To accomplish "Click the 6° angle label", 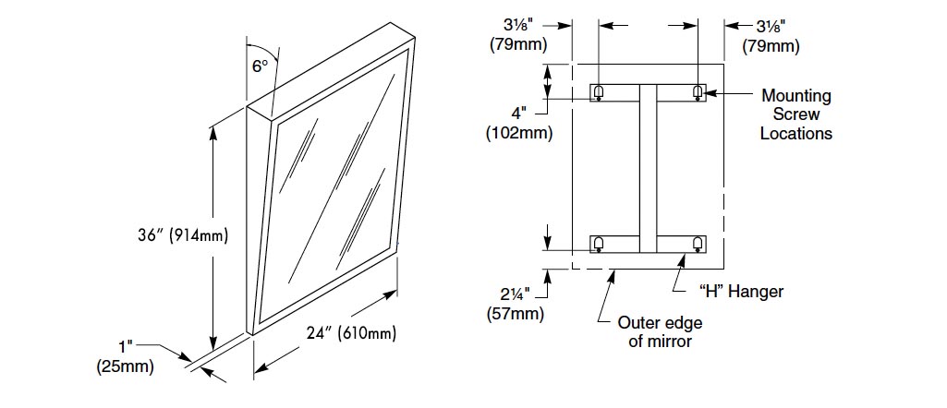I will coord(261,66).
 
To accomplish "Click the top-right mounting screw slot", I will coord(697,92).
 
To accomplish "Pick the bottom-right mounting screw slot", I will coord(697,244).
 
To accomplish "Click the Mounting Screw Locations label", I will coord(795,114).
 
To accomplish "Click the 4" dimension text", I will coord(518,114).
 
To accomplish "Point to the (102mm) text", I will coord(518,133).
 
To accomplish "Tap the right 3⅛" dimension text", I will coord(771,27).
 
